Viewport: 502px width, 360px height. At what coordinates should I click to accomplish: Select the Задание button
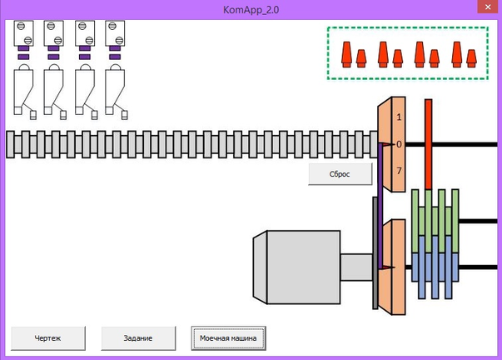[x=139, y=337]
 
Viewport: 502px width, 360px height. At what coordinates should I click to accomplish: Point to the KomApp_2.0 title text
[x=250, y=9]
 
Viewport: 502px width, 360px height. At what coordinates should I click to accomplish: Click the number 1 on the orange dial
[x=399, y=117]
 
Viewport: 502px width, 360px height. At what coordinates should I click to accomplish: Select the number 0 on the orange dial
[x=399, y=144]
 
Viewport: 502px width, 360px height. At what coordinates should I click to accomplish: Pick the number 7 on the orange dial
[x=399, y=171]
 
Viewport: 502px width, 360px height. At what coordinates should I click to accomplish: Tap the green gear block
[x=435, y=212]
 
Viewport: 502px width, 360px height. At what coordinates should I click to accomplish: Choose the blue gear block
[x=435, y=264]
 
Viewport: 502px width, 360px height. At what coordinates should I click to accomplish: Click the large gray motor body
[x=300, y=267]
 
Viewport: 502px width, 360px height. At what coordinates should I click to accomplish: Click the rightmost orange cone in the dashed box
[x=471, y=57]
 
